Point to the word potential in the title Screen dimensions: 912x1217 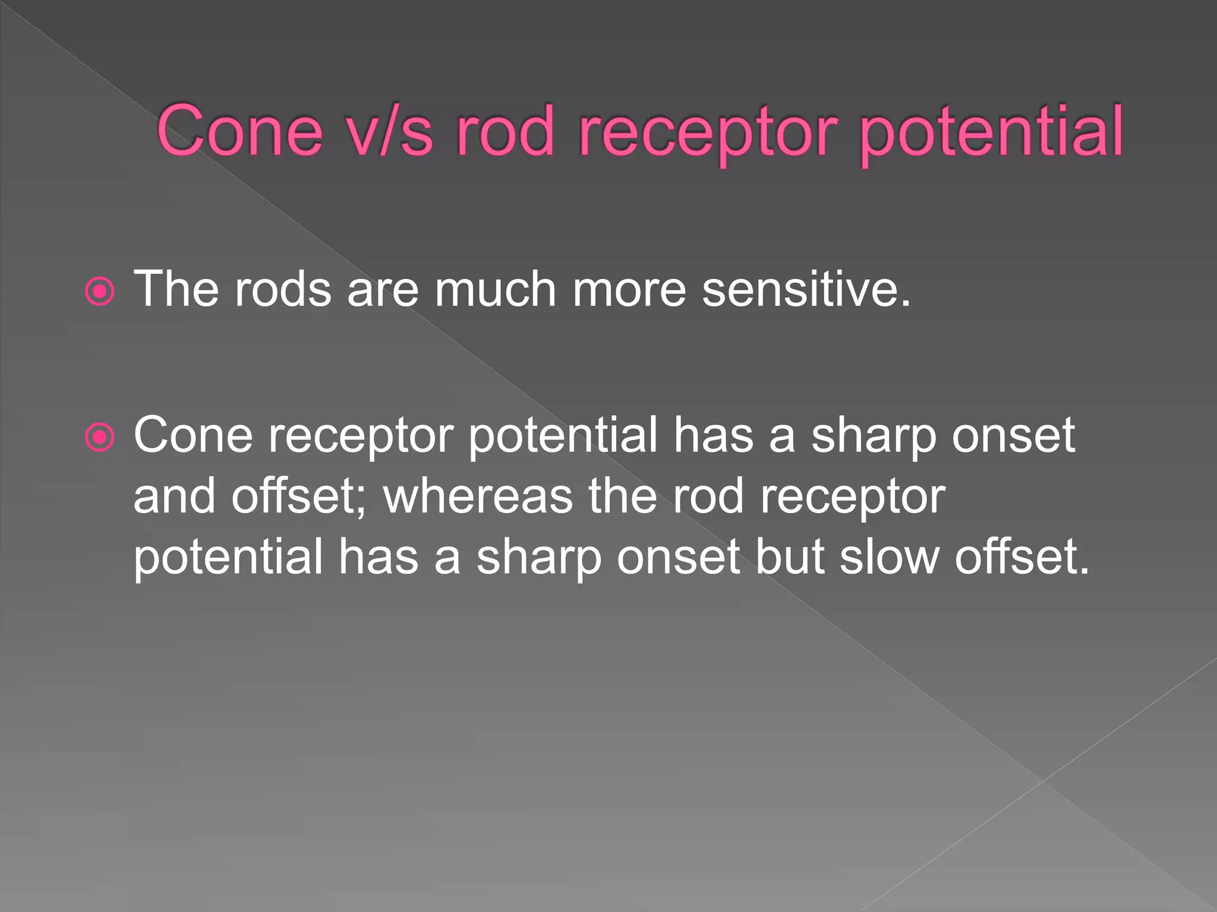point(991,132)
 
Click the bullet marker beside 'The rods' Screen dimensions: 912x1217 point(99,291)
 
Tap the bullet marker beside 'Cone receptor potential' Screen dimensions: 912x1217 point(99,438)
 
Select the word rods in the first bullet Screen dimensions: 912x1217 point(283,289)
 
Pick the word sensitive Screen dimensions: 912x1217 point(806,289)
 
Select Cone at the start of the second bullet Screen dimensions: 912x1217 point(193,435)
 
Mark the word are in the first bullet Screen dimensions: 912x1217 point(383,289)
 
